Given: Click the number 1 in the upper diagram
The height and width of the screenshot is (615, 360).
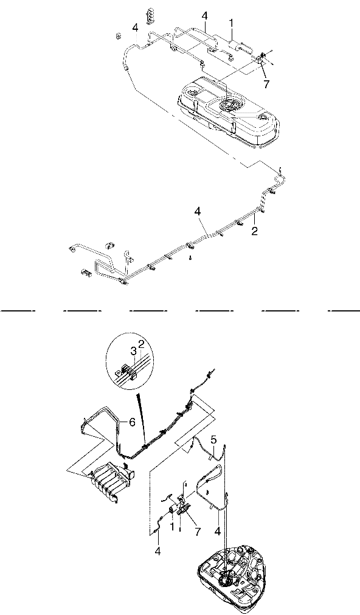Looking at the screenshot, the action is [x=231, y=24].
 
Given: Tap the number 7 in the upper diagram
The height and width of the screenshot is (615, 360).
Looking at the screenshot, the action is [x=266, y=85].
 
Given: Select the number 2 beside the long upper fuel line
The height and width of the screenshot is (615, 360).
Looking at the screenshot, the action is [x=255, y=231].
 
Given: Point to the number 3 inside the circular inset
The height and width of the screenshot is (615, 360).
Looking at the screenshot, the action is [x=133, y=350].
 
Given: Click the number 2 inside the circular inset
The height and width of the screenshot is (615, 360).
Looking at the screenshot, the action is [x=141, y=344].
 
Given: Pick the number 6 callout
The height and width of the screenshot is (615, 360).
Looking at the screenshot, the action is [x=132, y=422].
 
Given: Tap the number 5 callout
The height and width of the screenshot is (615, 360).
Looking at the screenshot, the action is [x=213, y=440].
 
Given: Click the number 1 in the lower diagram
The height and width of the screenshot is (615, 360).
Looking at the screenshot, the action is [x=171, y=526].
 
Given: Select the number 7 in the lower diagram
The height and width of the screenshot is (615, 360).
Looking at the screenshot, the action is [x=197, y=532].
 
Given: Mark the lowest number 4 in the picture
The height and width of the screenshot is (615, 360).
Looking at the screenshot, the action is [x=157, y=551].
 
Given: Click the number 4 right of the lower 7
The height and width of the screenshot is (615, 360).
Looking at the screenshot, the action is [x=218, y=532].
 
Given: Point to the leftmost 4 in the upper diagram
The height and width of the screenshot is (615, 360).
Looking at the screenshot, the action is [x=135, y=28].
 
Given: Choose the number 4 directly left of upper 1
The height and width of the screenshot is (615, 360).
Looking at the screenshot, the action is [x=205, y=16].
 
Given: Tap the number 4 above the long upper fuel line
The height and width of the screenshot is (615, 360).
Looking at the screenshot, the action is [x=197, y=212].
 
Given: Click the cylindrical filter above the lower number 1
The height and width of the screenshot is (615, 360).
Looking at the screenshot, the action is [x=173, y=510].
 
